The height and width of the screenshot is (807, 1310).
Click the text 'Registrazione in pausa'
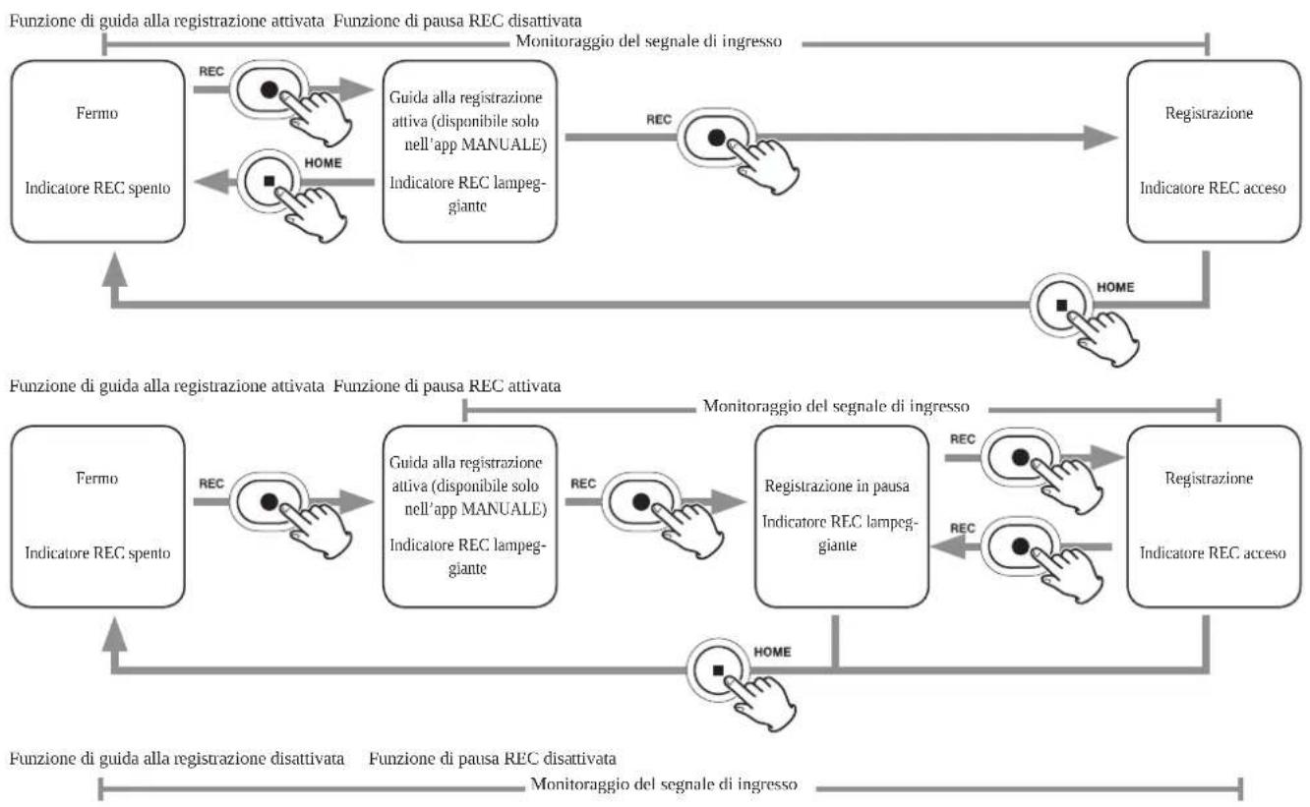837,487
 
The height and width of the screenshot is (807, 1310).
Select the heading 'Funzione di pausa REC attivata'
447,385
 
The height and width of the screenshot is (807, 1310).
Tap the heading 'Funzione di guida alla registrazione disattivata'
177,759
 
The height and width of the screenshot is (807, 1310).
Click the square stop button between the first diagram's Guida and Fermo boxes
269,181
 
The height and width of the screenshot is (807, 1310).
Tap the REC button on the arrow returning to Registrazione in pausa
1020,547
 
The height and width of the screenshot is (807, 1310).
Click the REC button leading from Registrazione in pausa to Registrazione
1020,457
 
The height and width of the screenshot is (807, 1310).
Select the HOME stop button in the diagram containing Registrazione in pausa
718,670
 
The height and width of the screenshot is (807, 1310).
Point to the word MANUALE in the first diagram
504,144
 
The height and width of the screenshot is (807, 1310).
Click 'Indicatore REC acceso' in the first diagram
1213,188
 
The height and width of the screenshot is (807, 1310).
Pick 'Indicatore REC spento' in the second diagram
97,552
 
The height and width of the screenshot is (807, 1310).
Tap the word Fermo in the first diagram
97,113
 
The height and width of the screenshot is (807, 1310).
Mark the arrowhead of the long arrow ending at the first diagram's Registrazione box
1101,138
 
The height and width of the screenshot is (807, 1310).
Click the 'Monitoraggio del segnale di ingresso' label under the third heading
664,783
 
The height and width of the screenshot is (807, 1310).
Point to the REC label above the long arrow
659,119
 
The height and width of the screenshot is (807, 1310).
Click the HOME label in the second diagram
772,652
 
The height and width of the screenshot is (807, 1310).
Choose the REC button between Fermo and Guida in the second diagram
269,501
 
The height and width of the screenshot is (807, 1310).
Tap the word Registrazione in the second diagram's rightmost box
1209,478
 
